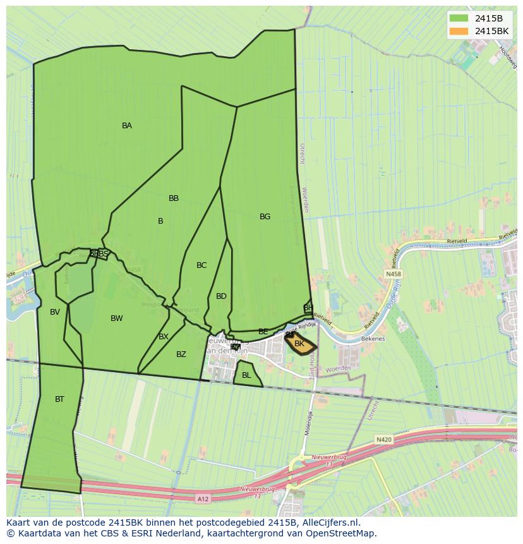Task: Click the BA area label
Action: click(127, 126)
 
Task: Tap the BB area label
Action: click(174, 198)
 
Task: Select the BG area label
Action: click(265, 217)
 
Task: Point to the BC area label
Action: click(201, 265)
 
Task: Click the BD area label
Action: click(221, 296)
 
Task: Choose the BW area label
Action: click(117, 318)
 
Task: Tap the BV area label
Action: click(55, 312)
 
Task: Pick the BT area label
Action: click(59, 399)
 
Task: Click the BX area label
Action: click(164, 337)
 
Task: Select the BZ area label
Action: click(181, 354)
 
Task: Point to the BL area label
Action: click(246, 375)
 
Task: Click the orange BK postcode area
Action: click(301, 344)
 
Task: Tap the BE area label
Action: click(263, 332)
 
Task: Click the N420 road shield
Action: click(383, 439)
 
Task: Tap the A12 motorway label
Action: click(203, 499)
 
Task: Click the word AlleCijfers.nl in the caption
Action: click(328, 523)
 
